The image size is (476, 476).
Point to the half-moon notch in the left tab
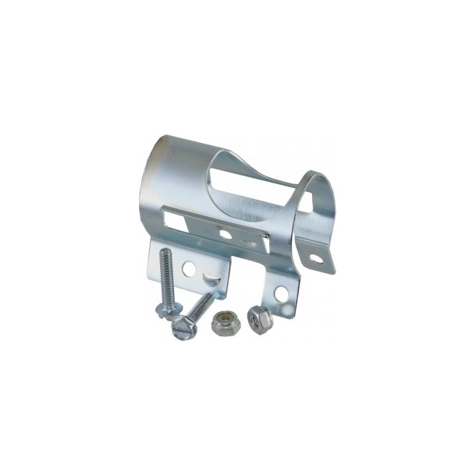pos(210,275)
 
